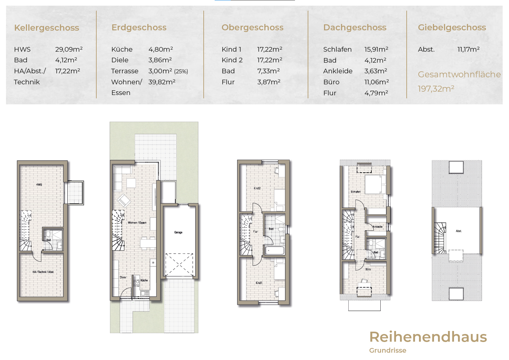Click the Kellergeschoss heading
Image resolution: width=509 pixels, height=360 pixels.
47,28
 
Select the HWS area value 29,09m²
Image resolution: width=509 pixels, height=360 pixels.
69,49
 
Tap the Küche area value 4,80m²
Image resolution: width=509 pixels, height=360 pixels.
161,49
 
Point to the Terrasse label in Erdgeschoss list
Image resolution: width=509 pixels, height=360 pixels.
125,71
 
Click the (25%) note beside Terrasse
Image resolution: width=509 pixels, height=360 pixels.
181,71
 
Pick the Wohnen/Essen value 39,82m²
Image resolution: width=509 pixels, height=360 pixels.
162,82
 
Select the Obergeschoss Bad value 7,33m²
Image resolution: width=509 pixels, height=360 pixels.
268,71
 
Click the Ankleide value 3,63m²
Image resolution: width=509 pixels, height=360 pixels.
376,71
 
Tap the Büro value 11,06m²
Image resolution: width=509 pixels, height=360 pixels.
377,82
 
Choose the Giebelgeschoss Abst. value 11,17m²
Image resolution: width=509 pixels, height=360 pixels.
469,49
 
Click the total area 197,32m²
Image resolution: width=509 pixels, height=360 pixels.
436,89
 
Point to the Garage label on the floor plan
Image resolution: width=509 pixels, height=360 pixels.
178,232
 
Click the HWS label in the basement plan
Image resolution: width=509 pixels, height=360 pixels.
39,185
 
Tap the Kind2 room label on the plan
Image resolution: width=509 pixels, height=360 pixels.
257,188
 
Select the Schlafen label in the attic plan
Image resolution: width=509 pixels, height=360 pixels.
355,192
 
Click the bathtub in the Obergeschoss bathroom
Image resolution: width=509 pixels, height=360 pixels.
274,250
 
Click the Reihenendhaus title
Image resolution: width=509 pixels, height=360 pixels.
428,337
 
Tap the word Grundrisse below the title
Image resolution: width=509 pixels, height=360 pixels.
388,350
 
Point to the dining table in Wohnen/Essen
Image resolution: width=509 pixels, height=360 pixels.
148,243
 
